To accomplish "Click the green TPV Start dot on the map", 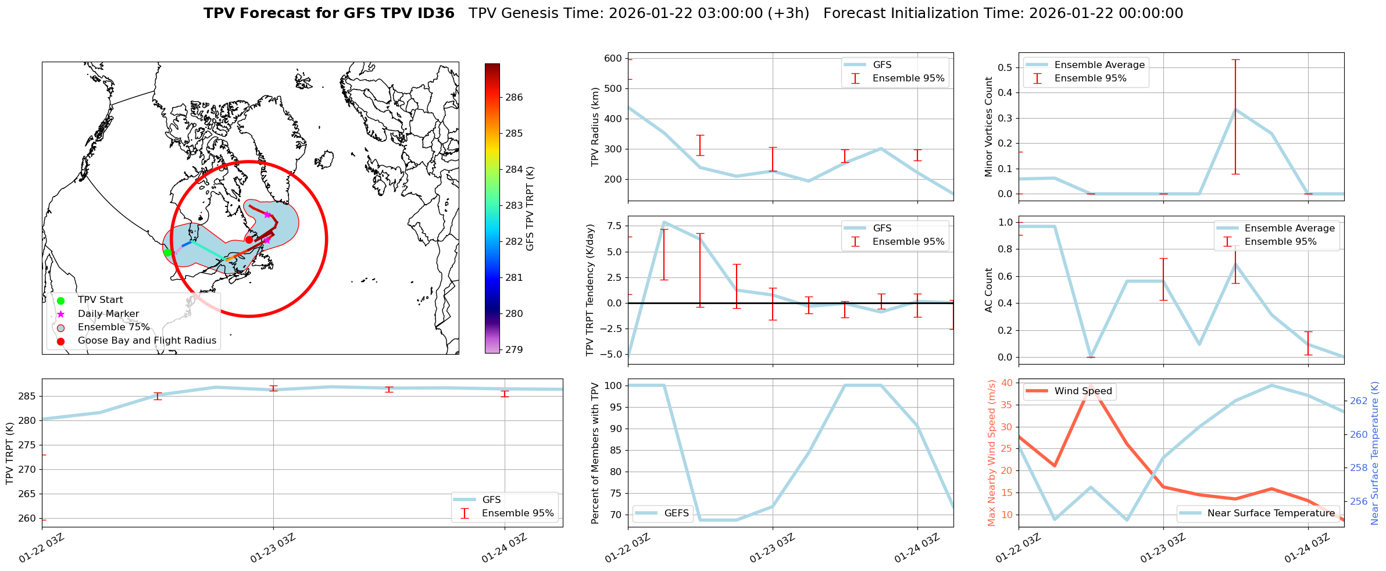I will (x=167, y=252).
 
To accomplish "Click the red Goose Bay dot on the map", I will (x=249, y=240).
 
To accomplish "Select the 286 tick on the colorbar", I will (x=514, y=98).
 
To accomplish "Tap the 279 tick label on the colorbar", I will (x=514, y=350).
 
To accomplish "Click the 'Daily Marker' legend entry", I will (x=108, y=314).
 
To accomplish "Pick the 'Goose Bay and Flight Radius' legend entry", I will (x=147, y=341).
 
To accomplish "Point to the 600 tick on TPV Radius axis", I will (x=613, y=58).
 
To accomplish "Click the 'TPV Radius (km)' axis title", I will (x=595, y=127).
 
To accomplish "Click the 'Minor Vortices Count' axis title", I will (x=989, y=127).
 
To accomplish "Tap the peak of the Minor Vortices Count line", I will (x=1235, y=109).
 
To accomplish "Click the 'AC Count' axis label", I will (x=989, y=290).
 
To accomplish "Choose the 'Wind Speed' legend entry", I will (x=1083, y=391).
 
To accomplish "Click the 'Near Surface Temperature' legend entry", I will (x=1271, y=513).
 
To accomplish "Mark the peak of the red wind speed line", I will (x=1091, y=385).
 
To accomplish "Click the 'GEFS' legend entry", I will (x=676, y=513).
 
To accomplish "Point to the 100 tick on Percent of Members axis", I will (x=614, y=386).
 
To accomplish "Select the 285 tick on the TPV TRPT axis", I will (x=27, y=397).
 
